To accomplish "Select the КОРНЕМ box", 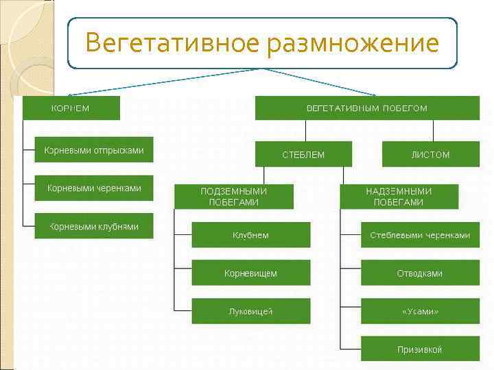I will pyautogui.click(x=71, y=108).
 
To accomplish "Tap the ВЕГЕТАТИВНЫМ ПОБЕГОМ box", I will pyautogui.click(x=367, y=108).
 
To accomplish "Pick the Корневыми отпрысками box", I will pyautogui.click(x=94, y=150).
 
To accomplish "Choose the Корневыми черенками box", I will pyautogui.click(x=94, y=188).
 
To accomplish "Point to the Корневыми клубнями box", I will pyautogui.click(x=94, y=226).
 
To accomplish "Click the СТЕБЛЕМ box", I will pyautogui.click(x=303, y=154).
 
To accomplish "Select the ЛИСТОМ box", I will pyautogui.click(x=430, y=154).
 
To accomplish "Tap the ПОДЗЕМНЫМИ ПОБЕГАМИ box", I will pyautogui.click(x=234, y=197).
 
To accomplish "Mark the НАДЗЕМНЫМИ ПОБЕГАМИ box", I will pyautogui.click(x=399, y=197).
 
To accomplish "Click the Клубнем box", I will pyautogui.click(x=250, y=235).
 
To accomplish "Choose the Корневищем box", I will pyautogui.click(x=250, y=273).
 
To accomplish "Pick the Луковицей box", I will pyautogui.click(x=250, y=311).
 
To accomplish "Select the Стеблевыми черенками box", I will pyautogui.click(x=420, y=235).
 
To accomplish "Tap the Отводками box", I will pyautogui.click(x=420, y=273).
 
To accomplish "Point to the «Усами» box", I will pyautogui.click(x=420, y=311).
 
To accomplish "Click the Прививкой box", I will pyautogui.click(x=420, y=349).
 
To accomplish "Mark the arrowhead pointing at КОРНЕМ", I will pyautogui.click(x=71, y=94).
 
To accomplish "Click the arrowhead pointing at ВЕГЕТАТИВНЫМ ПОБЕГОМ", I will pyautogui.click(x=374, y=94).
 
